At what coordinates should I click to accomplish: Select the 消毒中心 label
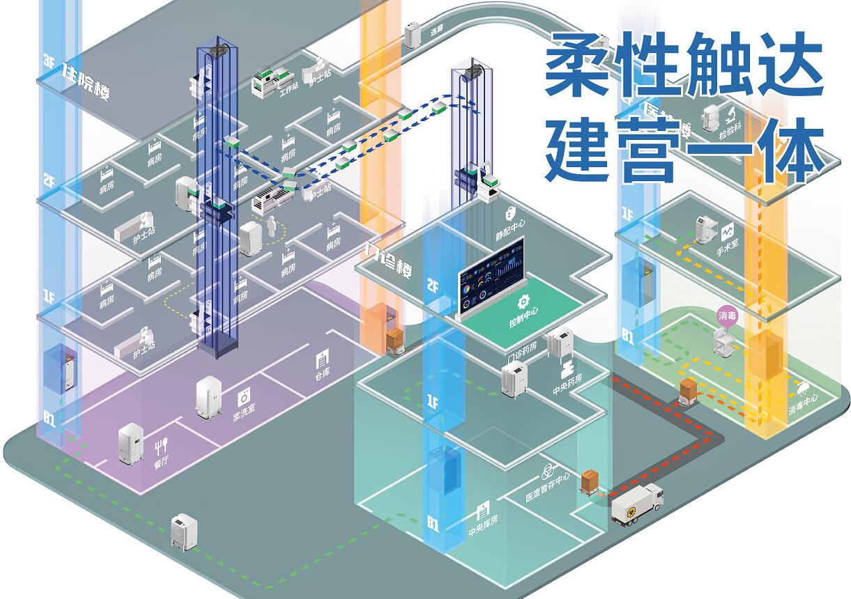[803, 405]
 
